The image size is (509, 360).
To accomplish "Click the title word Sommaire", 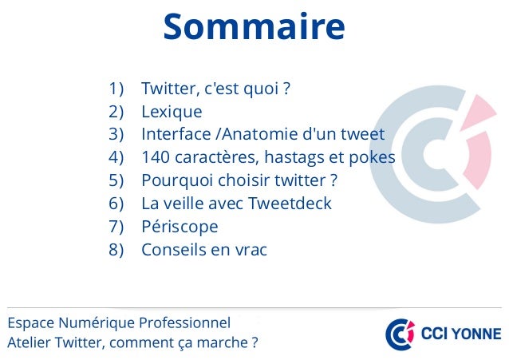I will [x=254, y=26].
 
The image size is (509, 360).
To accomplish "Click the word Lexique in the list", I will [x=172, y=111].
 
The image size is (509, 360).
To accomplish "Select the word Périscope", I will [x=180, y=227].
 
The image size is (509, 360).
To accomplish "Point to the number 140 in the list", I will [x=155, y=157].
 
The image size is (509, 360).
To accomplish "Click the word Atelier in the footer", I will [x=26, y=344].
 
